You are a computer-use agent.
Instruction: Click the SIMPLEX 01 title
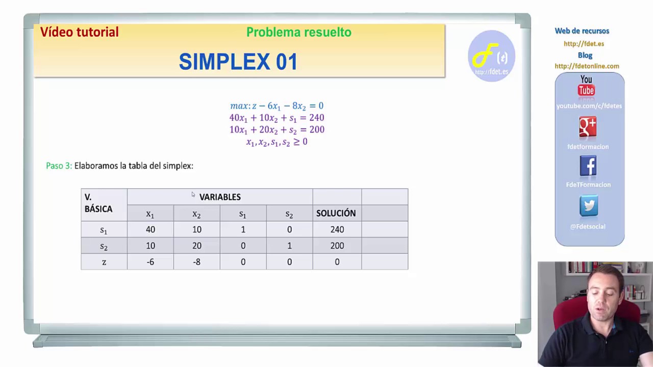(x=238, y=62)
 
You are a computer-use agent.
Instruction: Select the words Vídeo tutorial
(x=80, y=32)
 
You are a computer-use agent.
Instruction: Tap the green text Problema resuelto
(x=298, y=32)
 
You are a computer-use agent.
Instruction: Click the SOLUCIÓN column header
(x=336, y=213)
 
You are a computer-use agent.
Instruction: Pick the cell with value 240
(x=337, y=229)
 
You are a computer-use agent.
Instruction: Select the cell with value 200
(x=337, y=246)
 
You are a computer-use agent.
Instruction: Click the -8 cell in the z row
(x=196, y=262)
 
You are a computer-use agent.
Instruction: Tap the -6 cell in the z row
(x=150, y=262)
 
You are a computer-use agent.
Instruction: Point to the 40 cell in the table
(x=150, y=229)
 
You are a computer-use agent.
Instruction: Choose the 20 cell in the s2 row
(x=196, y=246)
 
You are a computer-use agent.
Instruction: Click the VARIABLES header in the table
(x=220, y=197)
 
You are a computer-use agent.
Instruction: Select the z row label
(x=104, y=262)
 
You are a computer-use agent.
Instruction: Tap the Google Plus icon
(x=588, y=127)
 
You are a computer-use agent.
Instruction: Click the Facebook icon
(x=588, y=166)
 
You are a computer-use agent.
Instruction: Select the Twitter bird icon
(x=589, y=206)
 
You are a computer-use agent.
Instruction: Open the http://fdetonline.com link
(x=587, y=66)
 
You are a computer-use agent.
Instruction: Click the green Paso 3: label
(x=59, y=166)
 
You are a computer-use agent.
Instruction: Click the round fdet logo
(x=491, y=56)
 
